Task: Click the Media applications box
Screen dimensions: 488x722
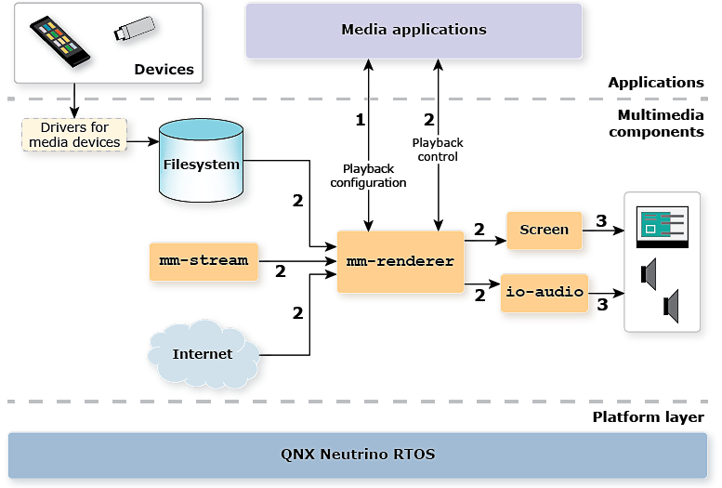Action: pos(414,30)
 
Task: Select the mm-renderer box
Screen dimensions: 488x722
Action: pos(400,261)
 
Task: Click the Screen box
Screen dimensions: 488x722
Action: pos(544,230)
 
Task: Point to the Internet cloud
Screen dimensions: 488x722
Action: pos(203,353)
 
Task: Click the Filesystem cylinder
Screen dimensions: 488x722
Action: pos(202,165)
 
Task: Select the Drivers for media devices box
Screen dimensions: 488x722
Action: pos(74,135)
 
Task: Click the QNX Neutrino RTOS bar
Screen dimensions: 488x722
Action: pos(358,455)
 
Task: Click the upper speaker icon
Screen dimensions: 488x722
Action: pos(650,273)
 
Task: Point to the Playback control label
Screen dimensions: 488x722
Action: pos(437,150)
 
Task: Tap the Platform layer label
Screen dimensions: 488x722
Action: pos(648,416)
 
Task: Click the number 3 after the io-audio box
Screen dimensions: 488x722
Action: pos(602,304)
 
